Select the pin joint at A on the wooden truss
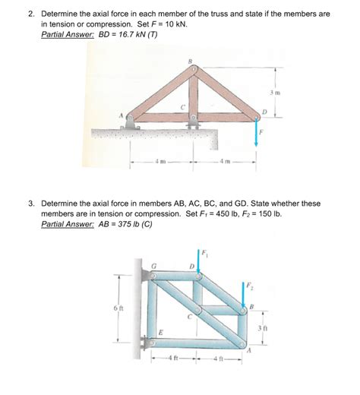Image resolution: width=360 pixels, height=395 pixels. pyautogui.click(x=131, y=118)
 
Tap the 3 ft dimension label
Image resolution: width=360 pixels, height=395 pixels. pyautogui.click(x=262, y=327)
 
